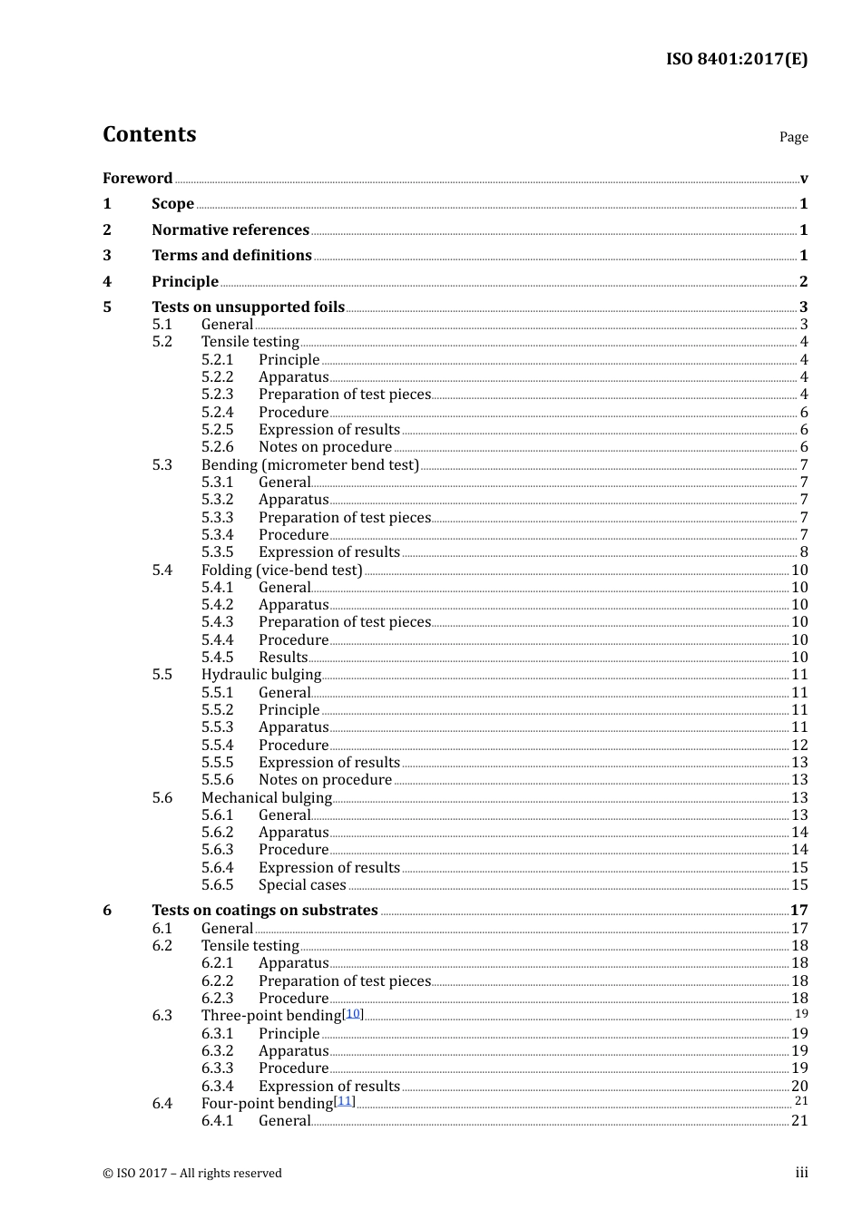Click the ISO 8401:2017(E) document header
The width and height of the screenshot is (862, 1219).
[x=736, y=59]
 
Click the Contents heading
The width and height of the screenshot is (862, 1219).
[x=150, y=134]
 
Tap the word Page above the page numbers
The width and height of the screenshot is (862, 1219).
[x=793, y=137]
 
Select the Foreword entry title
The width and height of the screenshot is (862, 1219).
[x=138, y=178]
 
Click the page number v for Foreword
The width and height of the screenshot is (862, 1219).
[x=803, y=179]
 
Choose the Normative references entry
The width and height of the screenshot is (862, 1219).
[x=230, y=229]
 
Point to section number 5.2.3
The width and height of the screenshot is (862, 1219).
[x=217, y=394]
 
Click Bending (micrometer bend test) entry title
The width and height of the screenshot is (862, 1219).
[x=309, y=464]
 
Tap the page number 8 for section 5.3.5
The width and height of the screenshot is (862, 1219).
[x=803, y=551]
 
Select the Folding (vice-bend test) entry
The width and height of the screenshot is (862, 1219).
[x=281, y=570]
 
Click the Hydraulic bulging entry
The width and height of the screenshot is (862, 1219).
[x=261, y=674]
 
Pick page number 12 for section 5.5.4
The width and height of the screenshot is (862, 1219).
[x=799, y=745]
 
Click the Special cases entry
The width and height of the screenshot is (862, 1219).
[x=302, y=884]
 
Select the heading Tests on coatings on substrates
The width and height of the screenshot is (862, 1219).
[x=265, y=910]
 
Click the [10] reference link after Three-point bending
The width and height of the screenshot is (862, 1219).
[x=353, y=1013]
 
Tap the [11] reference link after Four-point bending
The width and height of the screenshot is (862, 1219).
[x=344, y=1101]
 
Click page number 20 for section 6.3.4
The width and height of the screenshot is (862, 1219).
[x=799, y=1086]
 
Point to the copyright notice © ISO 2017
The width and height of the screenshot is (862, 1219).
[x=192, y=1173]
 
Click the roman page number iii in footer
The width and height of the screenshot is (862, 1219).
[x=801, y=1173]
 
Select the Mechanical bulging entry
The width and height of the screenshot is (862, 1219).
[x=267, y=797]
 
